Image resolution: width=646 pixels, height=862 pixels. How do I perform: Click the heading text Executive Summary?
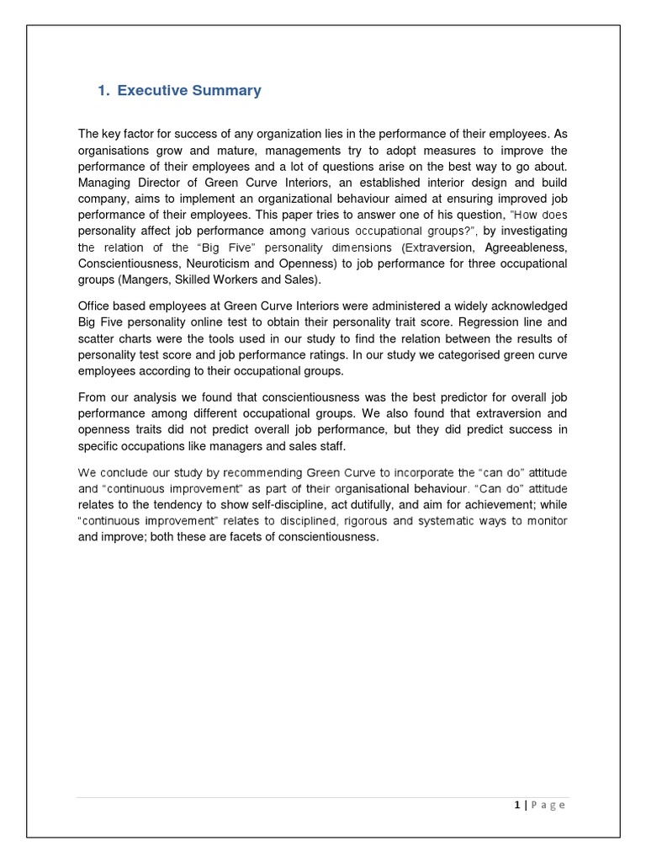tap(189, 91)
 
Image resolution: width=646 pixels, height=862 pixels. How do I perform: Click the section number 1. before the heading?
tap(104, 91)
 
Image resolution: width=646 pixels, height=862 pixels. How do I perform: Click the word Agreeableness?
tap(526, 247)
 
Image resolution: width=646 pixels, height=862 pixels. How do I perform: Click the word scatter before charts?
tap(97, 337)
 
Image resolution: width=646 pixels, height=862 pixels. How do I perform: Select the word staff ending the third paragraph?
tap(330, 446)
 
